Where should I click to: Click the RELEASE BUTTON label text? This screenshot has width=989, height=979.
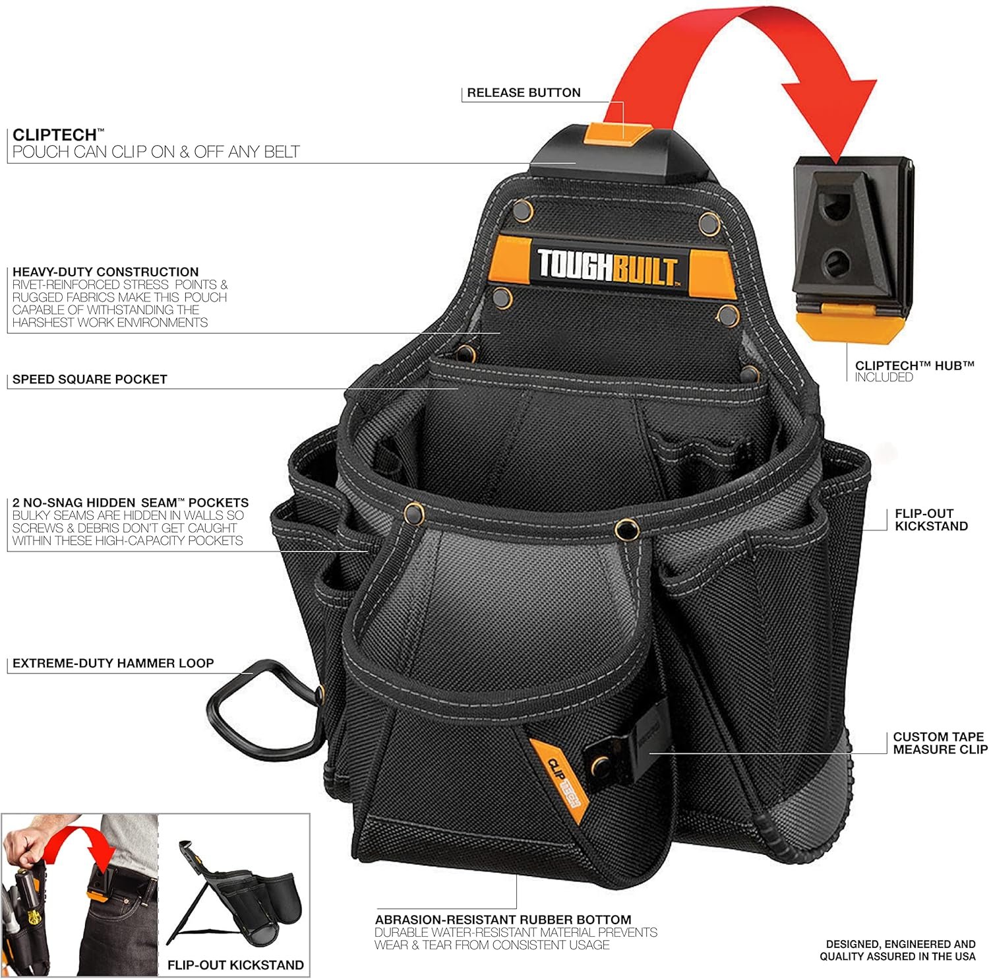pos(524,93)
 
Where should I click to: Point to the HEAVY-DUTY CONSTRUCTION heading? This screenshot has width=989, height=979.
pos(105,272)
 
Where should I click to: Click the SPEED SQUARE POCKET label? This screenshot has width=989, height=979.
pos(90,379)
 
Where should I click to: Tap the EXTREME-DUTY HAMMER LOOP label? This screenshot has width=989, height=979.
pos(113,664)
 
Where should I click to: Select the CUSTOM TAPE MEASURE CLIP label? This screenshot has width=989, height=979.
pos(940,743)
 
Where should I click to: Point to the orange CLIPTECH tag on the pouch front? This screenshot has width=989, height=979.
pos(557,778)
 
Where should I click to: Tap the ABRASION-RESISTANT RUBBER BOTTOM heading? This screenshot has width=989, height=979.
pos(503,920)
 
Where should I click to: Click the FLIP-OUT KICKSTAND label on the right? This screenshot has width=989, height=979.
pos(931,520)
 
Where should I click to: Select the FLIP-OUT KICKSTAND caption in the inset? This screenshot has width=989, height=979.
pos(235,965)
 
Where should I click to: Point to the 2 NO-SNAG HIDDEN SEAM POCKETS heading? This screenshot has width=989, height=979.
pos(131,503)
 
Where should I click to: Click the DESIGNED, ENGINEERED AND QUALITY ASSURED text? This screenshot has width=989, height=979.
pos(899,951)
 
